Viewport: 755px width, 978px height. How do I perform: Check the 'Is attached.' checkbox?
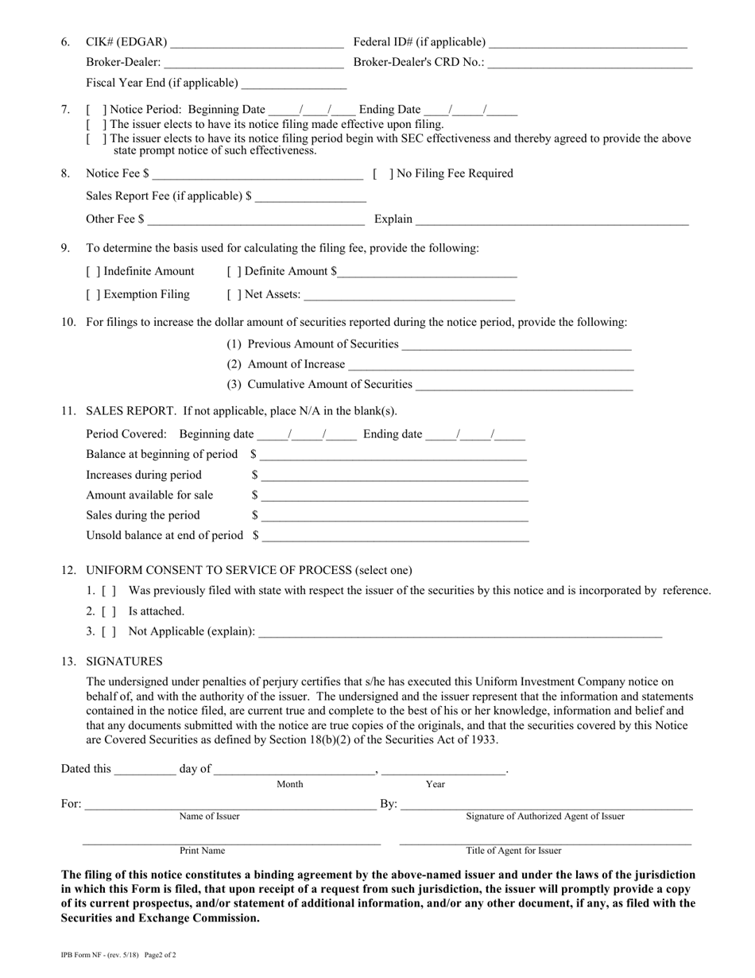(110, 611)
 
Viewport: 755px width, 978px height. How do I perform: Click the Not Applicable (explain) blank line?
(460, 635)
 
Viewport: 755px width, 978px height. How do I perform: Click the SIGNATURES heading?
(124, 662)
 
